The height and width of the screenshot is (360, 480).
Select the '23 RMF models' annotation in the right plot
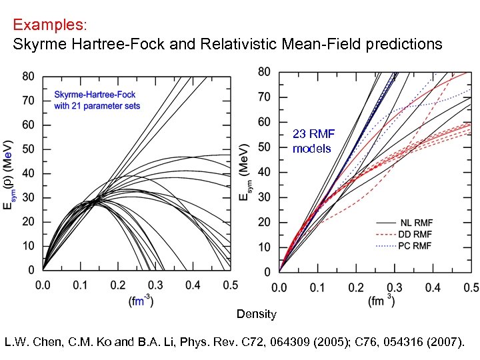tap(313, 141)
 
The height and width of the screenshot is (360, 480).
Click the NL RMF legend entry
tap(415, 222)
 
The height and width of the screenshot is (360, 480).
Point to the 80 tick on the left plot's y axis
tap(27, 77)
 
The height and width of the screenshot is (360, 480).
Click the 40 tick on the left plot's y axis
tap(27, 173)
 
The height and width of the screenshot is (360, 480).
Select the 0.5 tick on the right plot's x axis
tap(471, 287)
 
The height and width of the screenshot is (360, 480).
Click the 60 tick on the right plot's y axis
tap(264, 122)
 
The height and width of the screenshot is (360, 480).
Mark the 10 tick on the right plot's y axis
tap(264, 247)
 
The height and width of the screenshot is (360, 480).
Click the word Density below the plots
tap(256, 314)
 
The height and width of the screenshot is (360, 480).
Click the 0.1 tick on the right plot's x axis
tap(317, 287)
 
